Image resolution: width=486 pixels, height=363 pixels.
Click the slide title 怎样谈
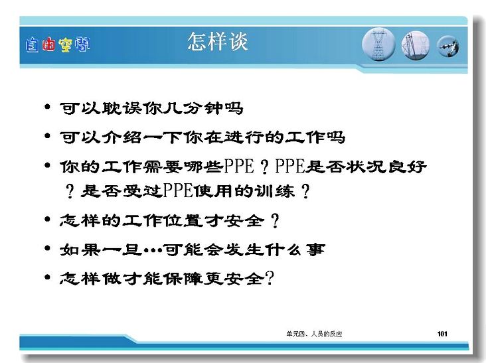(x=218, y=41)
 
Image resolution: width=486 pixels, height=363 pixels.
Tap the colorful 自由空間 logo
(x=58, y=45)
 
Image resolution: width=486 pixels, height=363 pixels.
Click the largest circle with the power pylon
(x=378, y=44)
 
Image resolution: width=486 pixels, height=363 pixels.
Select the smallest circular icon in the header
(x=448, y=46)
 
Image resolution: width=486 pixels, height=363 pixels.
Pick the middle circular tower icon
(x=416, y=45)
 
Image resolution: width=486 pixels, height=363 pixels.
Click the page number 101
(x=442, y=334)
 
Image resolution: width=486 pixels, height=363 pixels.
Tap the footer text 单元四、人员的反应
(x=314, y=334)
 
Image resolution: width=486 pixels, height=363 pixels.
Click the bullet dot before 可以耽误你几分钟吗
(x=47, y=107)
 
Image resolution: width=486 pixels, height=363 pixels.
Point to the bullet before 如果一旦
(x=47, y=248)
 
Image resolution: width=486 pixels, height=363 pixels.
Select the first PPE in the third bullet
(x=239, y=167)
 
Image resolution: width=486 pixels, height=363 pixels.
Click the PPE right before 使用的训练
(x=178, y=190)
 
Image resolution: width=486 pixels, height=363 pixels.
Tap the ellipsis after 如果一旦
(x=153, y=250)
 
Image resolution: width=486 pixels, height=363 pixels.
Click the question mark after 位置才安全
(x=275, y=220)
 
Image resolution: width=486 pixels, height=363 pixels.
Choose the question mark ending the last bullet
(x=270, y=277)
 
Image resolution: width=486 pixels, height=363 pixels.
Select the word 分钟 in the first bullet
(x=202, y=108)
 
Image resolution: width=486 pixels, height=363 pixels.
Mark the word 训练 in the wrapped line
(x=274, y=190)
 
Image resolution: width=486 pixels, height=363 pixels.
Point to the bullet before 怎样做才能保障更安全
(x=47, y=277)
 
